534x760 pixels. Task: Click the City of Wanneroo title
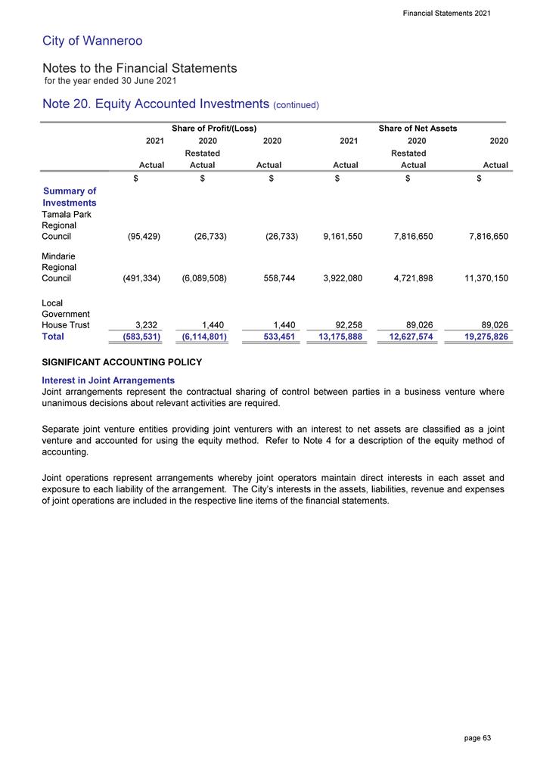tap(87, 41)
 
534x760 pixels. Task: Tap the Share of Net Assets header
tap(418, 129)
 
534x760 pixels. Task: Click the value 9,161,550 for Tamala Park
tap(337, 237)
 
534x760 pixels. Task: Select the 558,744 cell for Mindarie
tap(276, 278)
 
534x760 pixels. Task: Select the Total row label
tap(55, 337)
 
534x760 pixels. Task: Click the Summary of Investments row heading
tap(69, 197)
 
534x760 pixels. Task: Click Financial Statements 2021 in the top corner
tap(447, 13)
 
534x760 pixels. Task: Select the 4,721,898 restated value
tap(408, 278)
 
